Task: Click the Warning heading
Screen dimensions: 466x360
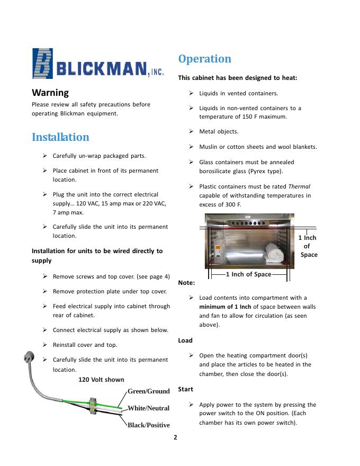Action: coord(50,93)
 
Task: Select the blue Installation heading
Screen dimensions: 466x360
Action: coord(60,137)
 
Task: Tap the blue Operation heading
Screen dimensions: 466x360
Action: coord(205,59)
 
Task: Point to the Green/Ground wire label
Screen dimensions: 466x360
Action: coord(148,391)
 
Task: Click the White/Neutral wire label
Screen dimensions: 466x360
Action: coord(148,408)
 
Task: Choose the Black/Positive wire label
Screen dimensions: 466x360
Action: coord(148,425)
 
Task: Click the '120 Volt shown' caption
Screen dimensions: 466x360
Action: coord(101,379)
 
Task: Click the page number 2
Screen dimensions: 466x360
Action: coord(175,437)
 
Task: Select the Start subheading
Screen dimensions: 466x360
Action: coord(185,389)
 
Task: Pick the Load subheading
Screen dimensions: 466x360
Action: coord(185,340)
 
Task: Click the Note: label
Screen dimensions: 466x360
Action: coord(186,283)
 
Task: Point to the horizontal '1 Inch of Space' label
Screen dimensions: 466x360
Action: coord(248,274)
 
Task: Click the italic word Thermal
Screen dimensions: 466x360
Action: coord(299,186)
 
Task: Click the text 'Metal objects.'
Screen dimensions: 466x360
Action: coord(219,131)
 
